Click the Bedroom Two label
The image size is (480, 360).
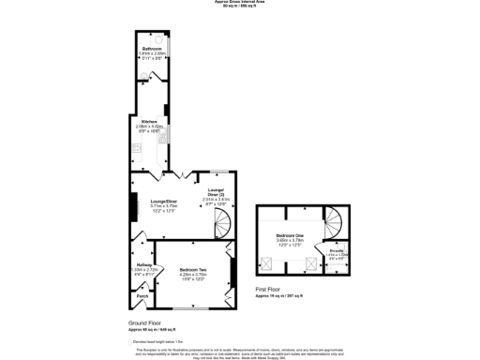click(x=194, y=270)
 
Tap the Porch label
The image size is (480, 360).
click(x=142, y=297)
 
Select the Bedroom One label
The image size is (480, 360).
click(x=289, y=234)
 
